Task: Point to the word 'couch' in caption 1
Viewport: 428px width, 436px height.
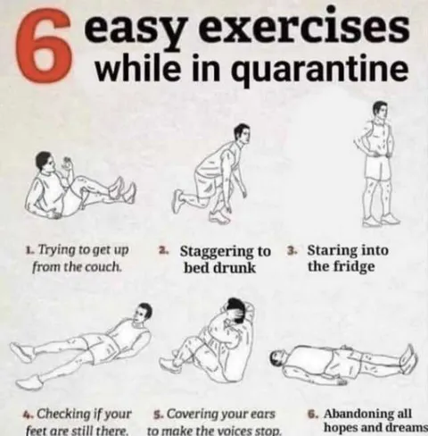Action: [102, 266]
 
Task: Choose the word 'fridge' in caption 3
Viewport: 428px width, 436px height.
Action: [343, 266]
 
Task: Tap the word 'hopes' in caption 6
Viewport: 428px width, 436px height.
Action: [342, 429]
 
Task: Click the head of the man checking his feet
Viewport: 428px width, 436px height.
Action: [143, 312]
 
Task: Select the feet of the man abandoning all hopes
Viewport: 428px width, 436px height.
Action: [407, 359]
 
